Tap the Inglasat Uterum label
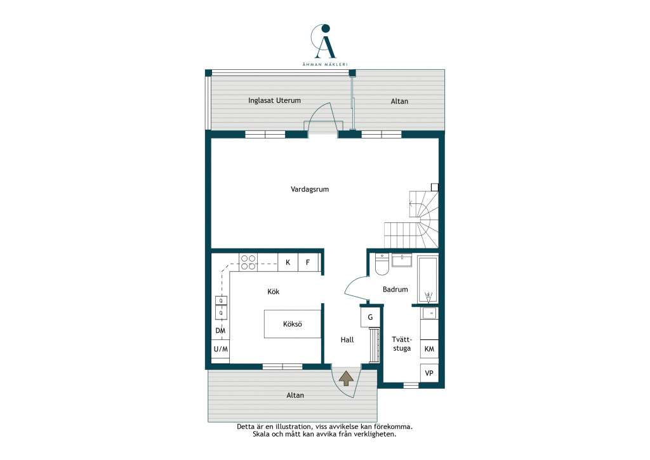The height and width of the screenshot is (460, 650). (274, 100)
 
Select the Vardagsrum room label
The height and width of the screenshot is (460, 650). (310, 189)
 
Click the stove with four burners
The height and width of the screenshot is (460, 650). (248, 262)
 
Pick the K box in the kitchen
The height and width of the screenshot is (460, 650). (288, 262)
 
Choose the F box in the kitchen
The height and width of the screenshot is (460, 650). (308, 262)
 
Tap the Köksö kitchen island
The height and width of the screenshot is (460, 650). (293, 324)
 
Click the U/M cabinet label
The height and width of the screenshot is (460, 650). (220, 349)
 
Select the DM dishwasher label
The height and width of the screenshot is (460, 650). (220, 330)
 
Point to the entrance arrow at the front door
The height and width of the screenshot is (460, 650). (346, 378)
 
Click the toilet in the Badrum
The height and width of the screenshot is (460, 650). (381, 265)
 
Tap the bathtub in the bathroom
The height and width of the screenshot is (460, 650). (428, 279)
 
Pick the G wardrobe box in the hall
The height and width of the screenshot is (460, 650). (370, 317)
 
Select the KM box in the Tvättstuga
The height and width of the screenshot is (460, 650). (430, 349)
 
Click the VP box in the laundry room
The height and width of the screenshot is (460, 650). (430, 373)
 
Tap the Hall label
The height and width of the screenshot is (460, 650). (347, 340)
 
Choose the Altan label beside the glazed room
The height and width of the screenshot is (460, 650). (400, 101)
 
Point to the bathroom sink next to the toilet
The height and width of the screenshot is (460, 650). (402, 260)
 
